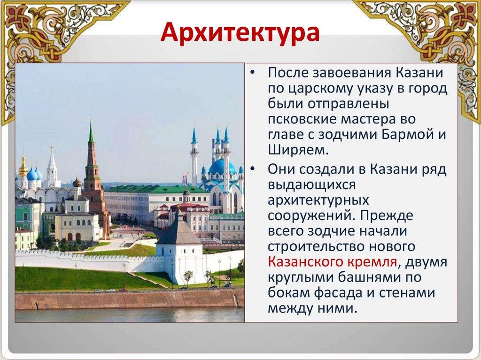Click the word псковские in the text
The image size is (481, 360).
click(302, 119)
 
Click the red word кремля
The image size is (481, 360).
click(372, 262)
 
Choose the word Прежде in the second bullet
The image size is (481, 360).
click(387, 215)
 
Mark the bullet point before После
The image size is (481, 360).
click(252, 73)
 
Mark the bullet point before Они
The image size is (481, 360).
click(252, 169)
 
